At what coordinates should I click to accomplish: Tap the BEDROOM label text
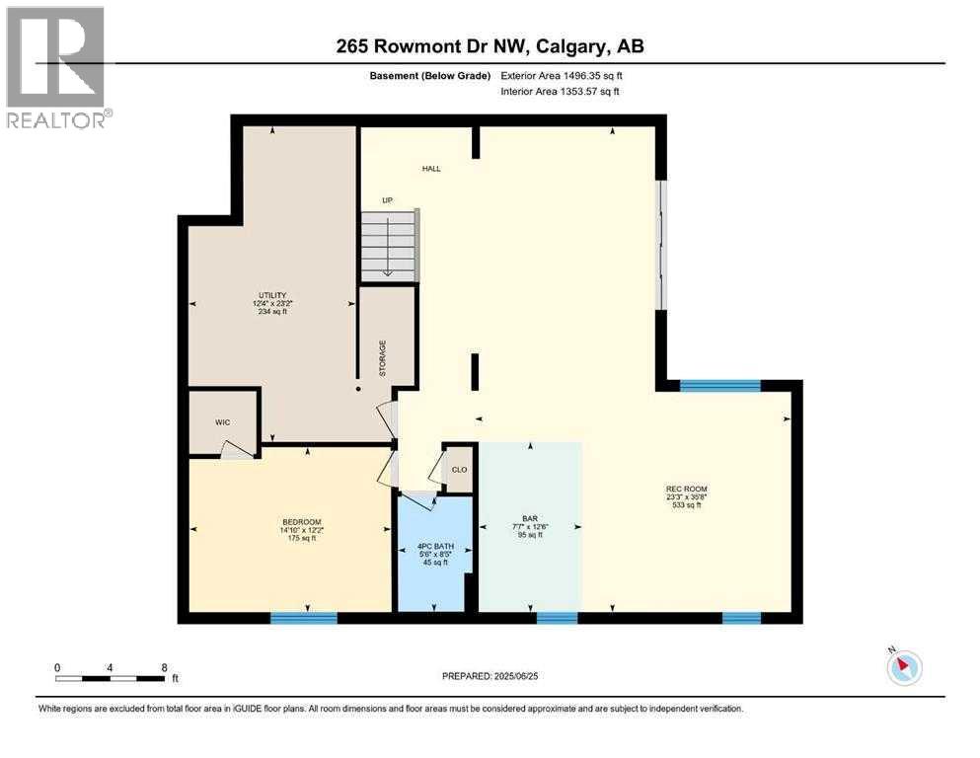pyautogui.click(x=301, y=522)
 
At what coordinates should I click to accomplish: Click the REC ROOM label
pyautogui.click(x=687, y=489)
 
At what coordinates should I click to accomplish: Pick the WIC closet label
pyautogui.click(x=222, y=422)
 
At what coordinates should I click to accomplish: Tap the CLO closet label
pyautogui.click(x=459, y=470)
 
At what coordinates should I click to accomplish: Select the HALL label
pyautogui.click(x=431, y=169)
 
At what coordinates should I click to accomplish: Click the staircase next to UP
pyautogui.click(x=389, y=247)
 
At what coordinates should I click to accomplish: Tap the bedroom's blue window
pyautogui.click(x=304, y=618)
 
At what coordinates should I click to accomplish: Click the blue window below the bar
pyautogui.click(x=557, y=618)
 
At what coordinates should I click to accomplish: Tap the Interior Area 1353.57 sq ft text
pyautogui.click(x=563, y=92)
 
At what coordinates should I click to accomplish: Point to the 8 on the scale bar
pyautogui.click(x=164, y=666)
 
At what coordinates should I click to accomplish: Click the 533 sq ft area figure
pyautogui.click(x=687, y=505)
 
